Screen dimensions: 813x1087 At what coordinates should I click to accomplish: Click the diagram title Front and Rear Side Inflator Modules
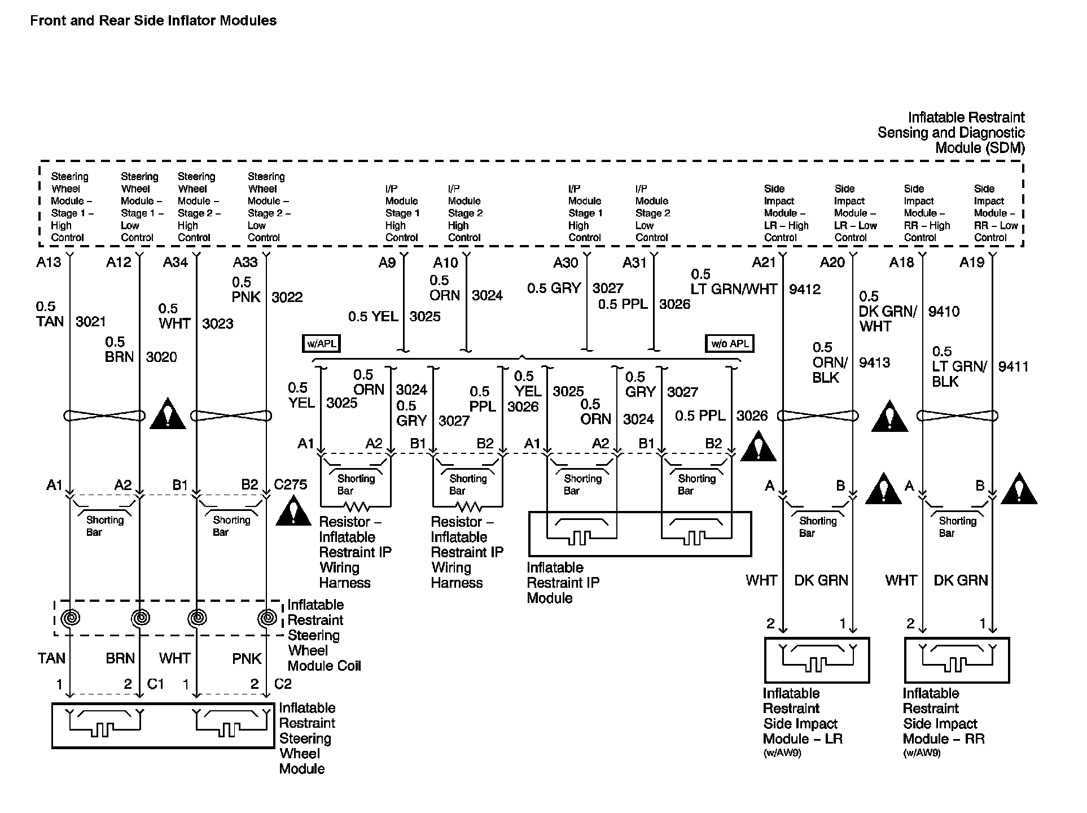(153, 21)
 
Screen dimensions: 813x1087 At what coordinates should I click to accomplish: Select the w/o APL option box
(730, 343)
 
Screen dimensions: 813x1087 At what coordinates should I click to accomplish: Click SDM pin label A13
(49, 262)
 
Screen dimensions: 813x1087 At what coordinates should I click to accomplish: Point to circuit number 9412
(804, 289)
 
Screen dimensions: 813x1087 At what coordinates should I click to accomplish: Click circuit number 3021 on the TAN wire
(91, 321)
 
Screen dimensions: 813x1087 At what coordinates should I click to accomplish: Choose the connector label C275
(291, 484)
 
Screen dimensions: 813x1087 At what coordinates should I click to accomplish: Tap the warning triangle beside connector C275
(293, 511)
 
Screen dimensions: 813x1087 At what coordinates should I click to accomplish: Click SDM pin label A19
(972, 262)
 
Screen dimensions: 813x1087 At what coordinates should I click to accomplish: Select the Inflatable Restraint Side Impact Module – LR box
(817, 660)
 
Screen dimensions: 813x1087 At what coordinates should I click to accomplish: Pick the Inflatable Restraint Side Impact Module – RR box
(957, 660)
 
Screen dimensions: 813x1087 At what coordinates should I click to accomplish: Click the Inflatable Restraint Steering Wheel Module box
(163, 725)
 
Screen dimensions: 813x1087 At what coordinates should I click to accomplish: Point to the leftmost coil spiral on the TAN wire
(70, 618)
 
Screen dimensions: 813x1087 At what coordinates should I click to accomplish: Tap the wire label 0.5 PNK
(246, 290)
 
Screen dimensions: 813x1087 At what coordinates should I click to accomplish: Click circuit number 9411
(1013, 366)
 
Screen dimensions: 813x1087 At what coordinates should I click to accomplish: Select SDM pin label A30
(566, 262)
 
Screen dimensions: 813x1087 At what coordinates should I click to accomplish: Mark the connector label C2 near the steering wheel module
(283, 684)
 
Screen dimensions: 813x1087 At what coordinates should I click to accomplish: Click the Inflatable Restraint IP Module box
(639, 534)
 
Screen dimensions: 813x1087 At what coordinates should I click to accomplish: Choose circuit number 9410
(944, 311)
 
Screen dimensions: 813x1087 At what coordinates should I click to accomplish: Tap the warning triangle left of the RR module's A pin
(883, 489)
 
